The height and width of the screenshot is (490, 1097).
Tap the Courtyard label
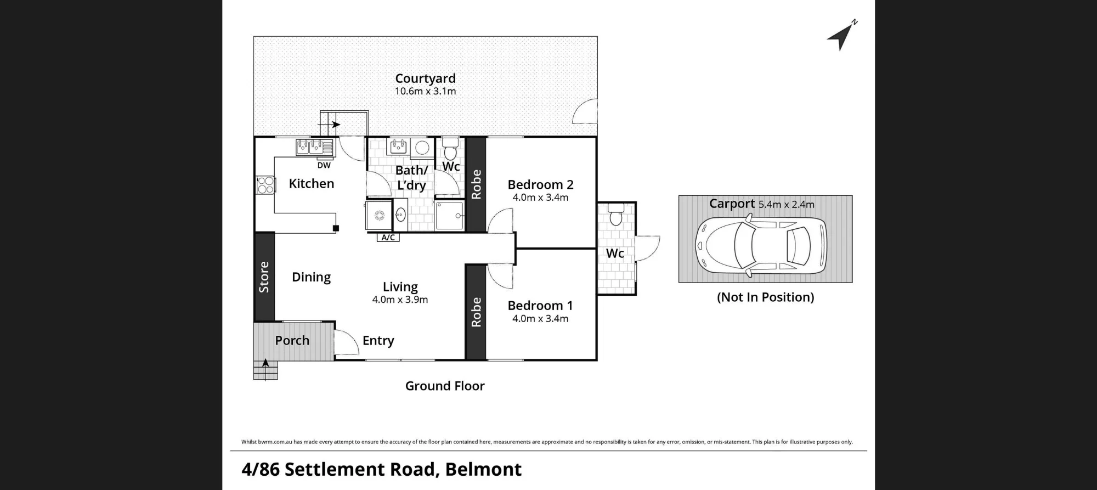(x=425, y=78)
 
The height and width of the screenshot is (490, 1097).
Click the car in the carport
(x=760, y=245)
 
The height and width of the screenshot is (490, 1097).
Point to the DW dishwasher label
(x=324, y=165)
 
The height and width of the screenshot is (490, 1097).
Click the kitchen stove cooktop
(x=265, y=185)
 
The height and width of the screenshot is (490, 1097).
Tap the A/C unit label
(x=388, y=238)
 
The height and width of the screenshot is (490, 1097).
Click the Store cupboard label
(x=264, y=277)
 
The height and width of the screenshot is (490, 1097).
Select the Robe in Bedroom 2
(x=476, y=184)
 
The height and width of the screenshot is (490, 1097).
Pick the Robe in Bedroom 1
(x=476, y=312)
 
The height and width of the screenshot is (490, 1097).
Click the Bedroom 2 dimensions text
(x=540, y=198)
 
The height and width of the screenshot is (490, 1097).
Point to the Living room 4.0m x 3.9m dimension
(x=400, y=300)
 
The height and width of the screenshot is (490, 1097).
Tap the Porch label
(x=292, y=340)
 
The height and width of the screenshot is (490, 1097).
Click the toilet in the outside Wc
(x=616, y=215)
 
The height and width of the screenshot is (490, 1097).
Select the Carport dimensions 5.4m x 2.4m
(x=787, y=205)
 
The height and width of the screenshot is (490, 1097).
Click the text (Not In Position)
(x=765, y=297)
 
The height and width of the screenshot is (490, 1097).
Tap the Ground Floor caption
(x=445, y=386)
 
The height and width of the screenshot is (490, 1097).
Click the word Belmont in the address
(x=483, y=469)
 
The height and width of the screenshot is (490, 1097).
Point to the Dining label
(x=311, y=277)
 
